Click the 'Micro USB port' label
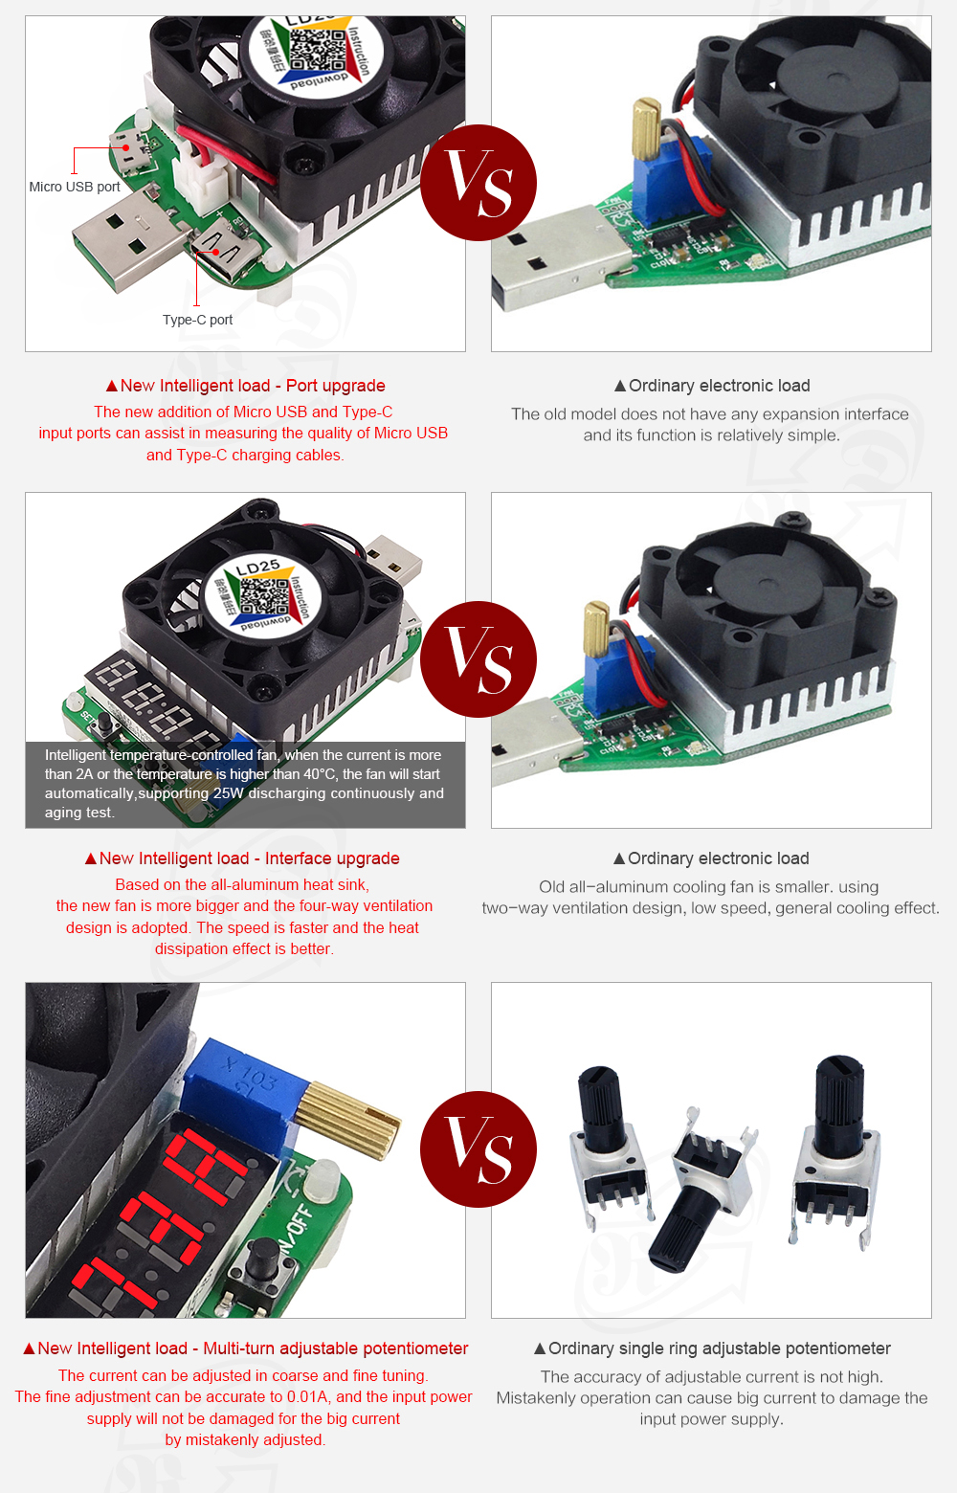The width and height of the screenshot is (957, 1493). pyautogui.click(x=75, y=187)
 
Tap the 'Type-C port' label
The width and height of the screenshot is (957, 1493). pyautogui.click(x=197, y=320)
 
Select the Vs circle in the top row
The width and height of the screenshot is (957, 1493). pyautogui.click(x=478, y=183)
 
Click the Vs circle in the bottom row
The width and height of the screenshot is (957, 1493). pyautogui.click(x=478, y=1149)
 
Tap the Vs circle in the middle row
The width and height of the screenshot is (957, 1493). pyautogui.click(x=478, y=659)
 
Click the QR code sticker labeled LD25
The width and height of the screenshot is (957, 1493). pyautogui.click(x=260, y=595)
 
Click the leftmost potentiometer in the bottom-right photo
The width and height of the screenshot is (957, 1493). pyautogui.click(x=608, y=1148)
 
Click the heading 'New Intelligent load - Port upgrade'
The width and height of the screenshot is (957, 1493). pyautogui.click(x=245, y=386)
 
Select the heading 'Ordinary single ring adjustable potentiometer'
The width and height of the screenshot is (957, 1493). pyautogui.click(x=712, y=1348)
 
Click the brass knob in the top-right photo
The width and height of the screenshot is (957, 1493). pyautogui.click(x=645, y=129)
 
